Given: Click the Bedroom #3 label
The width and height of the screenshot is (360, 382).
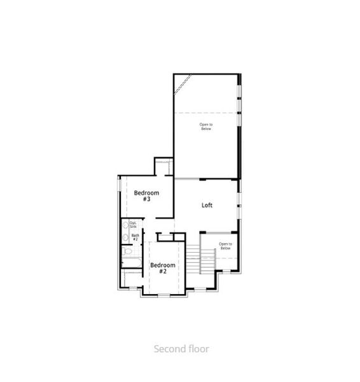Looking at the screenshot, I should (146, 195).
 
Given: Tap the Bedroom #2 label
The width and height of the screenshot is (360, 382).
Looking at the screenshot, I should (162, 268).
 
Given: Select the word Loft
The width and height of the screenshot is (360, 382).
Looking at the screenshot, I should (207, 205).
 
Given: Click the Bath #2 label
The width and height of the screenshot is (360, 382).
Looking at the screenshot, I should (135, 237).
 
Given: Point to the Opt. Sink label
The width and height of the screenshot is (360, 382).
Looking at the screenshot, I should (134, 225).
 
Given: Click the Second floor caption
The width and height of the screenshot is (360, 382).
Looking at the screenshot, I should (181, 348).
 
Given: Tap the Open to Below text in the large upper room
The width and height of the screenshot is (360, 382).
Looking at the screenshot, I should (205, 126).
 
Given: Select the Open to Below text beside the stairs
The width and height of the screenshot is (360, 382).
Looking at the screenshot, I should (225, 246).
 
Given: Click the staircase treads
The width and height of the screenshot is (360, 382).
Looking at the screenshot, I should (193, 260).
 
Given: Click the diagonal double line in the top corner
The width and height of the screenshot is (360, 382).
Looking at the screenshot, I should (183, 83).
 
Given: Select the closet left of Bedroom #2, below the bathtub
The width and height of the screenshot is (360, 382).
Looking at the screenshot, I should (132, 278).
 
